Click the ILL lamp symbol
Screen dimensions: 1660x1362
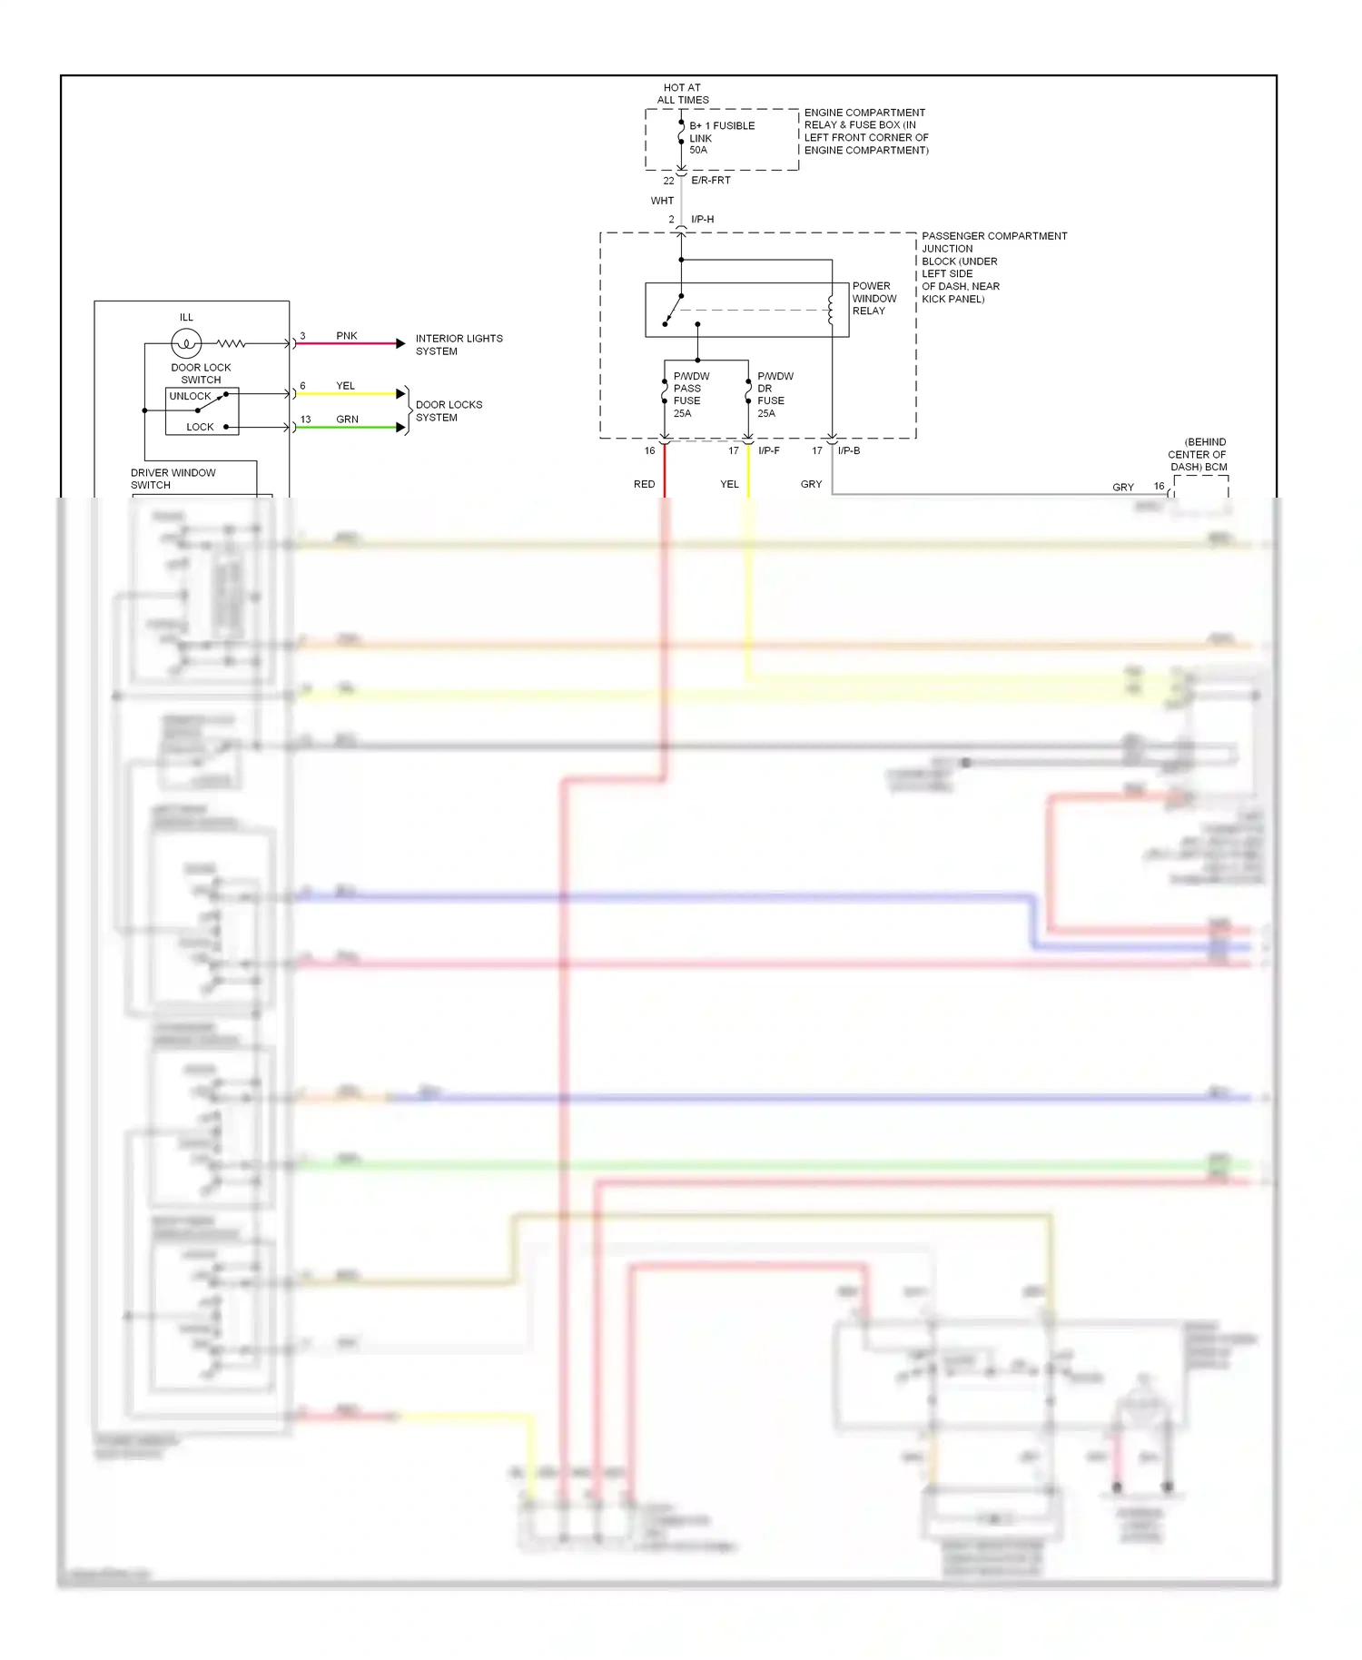click(186, 343)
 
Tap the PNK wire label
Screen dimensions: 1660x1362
click(347, 336)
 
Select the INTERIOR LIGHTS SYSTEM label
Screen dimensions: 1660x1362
click(459, 345)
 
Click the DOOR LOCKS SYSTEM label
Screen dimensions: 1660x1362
click(449, 411)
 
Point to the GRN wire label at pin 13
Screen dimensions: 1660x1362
click(347, 420)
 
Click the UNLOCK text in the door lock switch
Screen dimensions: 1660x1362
click(190, 396)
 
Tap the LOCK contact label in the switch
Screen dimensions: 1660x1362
click(200, 427)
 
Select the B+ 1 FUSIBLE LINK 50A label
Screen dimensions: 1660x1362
click(721, 138)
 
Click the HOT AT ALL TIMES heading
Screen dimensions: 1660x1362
click(683, 94)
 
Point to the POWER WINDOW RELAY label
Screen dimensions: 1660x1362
click(873, 298)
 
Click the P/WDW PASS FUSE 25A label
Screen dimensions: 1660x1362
click(690, 394)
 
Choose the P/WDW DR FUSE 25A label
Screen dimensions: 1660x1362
click(775, 394)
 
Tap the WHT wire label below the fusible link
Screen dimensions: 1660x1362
click(662, 201)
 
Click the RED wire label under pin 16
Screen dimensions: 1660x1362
click(644, 484)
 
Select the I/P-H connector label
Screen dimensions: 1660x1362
click(702, 220)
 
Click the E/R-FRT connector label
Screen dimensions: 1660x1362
click(710, 181)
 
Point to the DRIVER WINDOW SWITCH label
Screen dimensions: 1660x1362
click(173, 479)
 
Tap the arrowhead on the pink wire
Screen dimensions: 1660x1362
click(400, 343)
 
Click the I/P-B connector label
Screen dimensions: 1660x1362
click(848, 450)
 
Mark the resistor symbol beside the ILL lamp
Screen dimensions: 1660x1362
click(231, 343)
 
